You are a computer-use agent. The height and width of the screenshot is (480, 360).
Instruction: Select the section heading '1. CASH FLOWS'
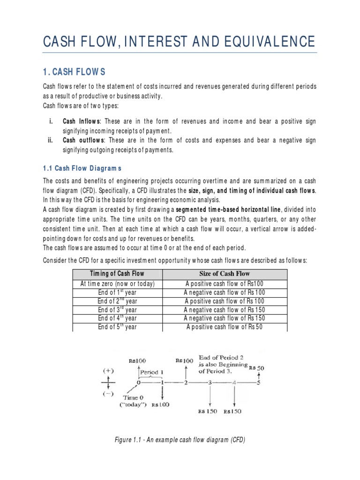point(75,72)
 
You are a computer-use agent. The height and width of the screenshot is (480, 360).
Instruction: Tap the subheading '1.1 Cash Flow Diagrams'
point(82,168)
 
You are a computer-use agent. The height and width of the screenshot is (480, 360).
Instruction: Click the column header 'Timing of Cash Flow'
point(118,274)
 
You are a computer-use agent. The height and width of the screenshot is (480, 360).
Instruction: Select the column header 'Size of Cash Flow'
point(225,274)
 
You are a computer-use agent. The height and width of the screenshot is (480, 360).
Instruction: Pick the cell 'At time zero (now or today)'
point(118,284)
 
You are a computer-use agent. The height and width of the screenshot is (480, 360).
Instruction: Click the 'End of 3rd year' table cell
point(118,310)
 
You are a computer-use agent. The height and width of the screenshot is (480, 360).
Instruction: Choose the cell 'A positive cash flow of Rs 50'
point(225,327)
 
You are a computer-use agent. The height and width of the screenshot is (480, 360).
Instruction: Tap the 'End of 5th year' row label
point(118,327)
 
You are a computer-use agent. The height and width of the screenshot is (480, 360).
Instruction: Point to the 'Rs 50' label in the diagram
point(257,368)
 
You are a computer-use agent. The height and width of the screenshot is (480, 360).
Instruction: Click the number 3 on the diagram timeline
point(210,383)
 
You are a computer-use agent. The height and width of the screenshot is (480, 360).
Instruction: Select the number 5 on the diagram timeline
point(257,383)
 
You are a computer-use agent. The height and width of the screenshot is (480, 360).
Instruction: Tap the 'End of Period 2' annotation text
point(222,358)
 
